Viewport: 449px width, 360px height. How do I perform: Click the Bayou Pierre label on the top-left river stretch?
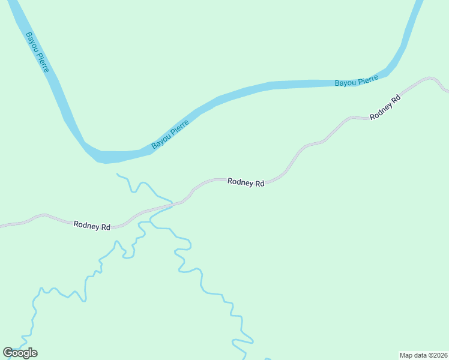37,52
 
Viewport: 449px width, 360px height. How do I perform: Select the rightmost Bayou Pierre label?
356,81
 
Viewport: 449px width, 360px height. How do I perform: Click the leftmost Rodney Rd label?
92,226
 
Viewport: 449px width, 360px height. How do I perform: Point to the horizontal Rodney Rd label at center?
246,182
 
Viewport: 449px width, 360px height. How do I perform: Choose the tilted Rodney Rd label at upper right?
385,107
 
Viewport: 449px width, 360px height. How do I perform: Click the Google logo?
20,352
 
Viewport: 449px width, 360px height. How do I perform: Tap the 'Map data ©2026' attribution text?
423,355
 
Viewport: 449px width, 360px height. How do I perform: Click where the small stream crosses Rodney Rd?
172,205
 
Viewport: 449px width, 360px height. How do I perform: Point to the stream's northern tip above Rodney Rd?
118,175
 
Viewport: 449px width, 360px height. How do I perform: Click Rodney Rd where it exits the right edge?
447,91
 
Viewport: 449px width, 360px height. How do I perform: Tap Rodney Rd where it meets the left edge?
2,226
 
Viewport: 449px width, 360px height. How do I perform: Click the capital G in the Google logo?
8,352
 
